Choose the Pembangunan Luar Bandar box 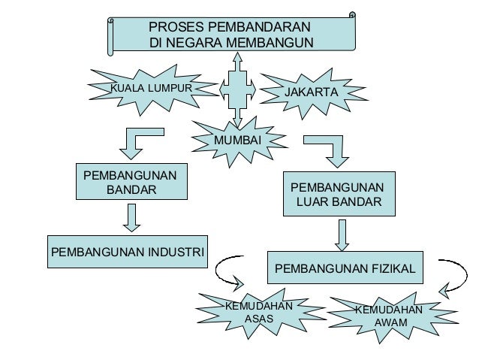click(x=337, y=195)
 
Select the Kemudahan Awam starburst click(x=387, y=316)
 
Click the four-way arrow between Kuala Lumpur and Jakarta click(x=238, y=89)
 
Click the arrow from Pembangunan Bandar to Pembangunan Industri click(x=132, y=217)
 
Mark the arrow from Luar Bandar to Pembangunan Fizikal click(x=342, y=234)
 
